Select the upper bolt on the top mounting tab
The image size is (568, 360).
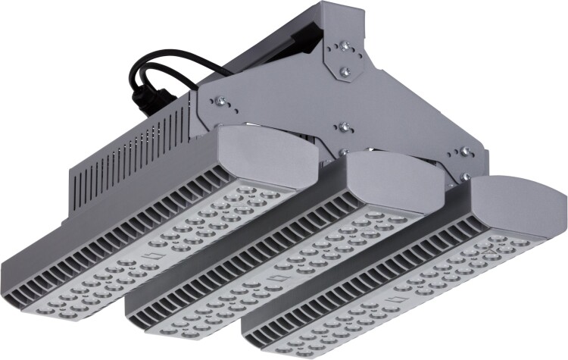345,45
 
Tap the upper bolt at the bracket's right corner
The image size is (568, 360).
466,151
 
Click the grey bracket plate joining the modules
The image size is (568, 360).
303,106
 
